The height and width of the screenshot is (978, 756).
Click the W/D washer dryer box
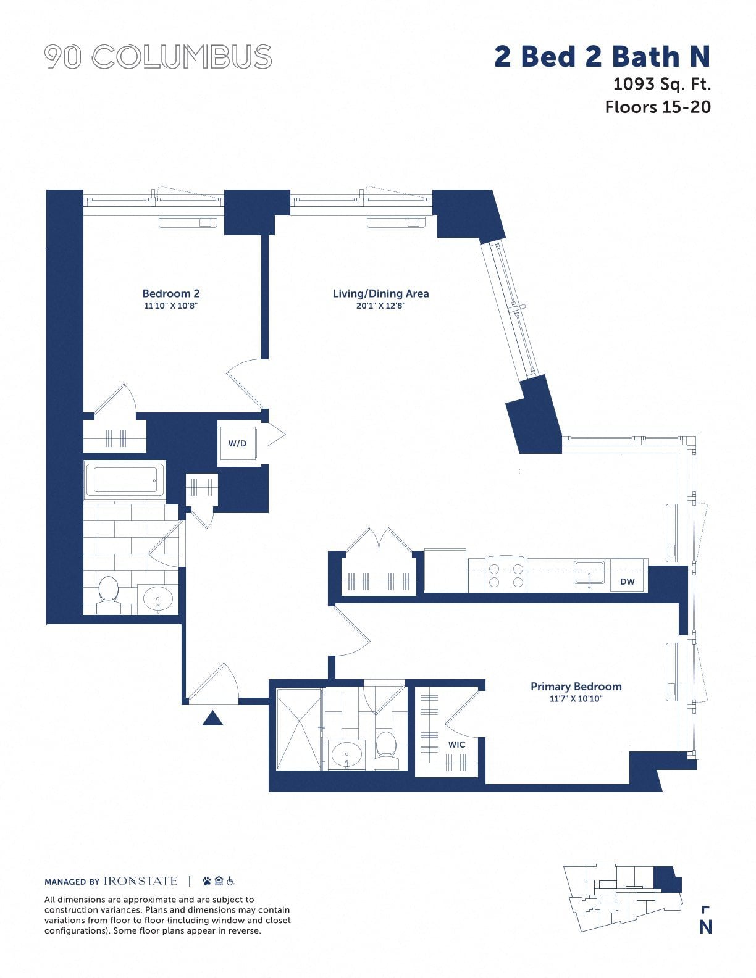pyautogui.click(x=237, y=443)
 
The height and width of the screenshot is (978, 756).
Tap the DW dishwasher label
pyautogui.click(x=628, y=582)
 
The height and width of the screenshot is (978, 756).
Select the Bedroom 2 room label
pyautogui.click(x=171, y=293)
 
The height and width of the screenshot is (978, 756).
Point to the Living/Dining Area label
pyautogui.click(x=381, y=293)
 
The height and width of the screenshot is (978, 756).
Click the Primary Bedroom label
pyautogui.click(x=576, y=687)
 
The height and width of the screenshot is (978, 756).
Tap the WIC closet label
pyautogui.click(x=456, y=745)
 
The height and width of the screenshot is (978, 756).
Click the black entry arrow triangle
pyautogui.click(x=212, y=718)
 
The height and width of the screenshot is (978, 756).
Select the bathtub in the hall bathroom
pyautogui.click(x=125, y=480)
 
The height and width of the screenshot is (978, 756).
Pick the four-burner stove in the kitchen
pyautogui.click(x=506, y=575)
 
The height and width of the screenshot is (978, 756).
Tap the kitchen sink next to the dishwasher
pyautogui.click(x=589, y=572)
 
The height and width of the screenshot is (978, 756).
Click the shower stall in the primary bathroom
pyautogui.click(x=299, y=729)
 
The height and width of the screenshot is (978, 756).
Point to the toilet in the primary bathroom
pyautogui.click(x=386, y=750)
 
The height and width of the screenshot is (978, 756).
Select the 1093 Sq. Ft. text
pyautogui.click(x=662, y=84)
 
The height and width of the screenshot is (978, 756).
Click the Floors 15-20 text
pyautogui.click(x=658, y=107)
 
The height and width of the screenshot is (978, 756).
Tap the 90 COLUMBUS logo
pyautogui.click(x=158, y=57)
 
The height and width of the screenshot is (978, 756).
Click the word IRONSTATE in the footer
pyautogui.click(x=140, y=881)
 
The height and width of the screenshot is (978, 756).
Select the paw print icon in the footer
pyautogui.click(x=207, y=881)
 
